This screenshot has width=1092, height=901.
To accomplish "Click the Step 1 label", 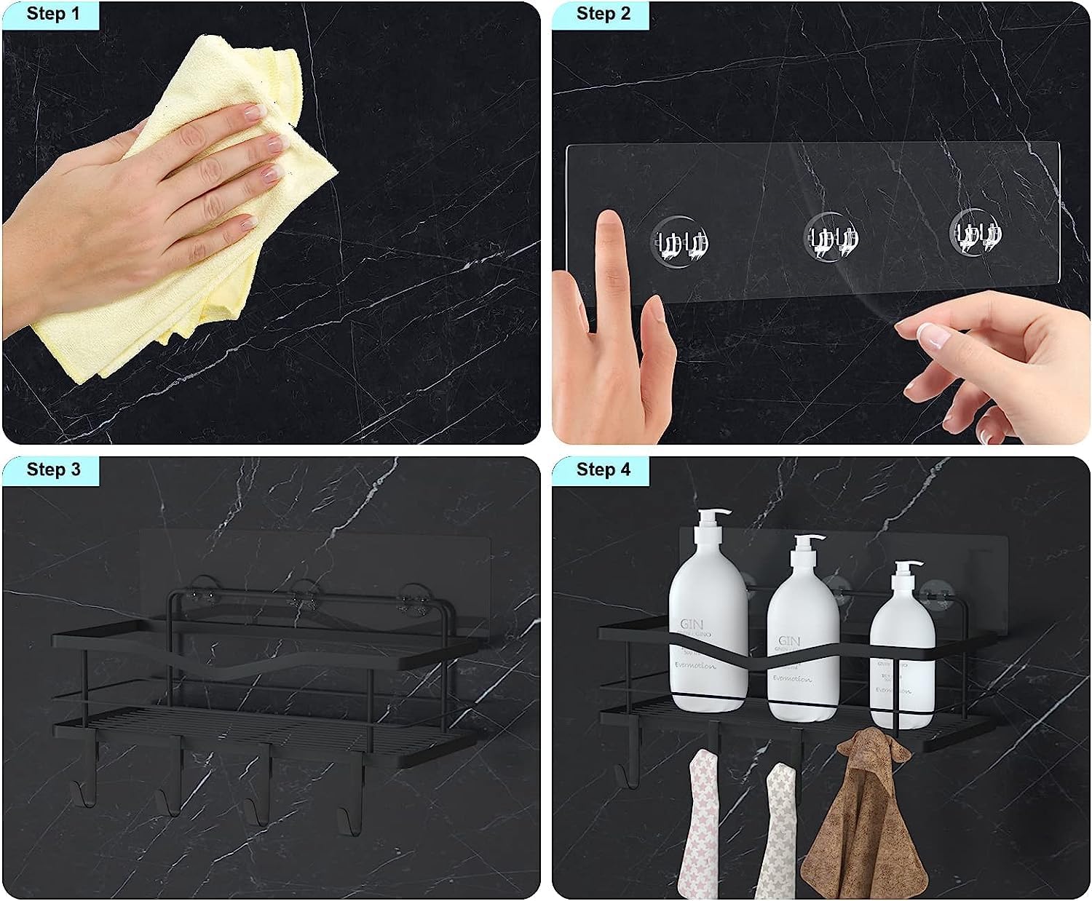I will (x=52, y=14).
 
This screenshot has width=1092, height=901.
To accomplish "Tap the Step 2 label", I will (x=603, y=14).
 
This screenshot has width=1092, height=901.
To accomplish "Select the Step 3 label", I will (x=52, y=469).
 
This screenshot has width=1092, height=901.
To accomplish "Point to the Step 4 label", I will (x=603, y=469).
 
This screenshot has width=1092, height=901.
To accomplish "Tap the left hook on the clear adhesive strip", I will (x=681, y=239).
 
